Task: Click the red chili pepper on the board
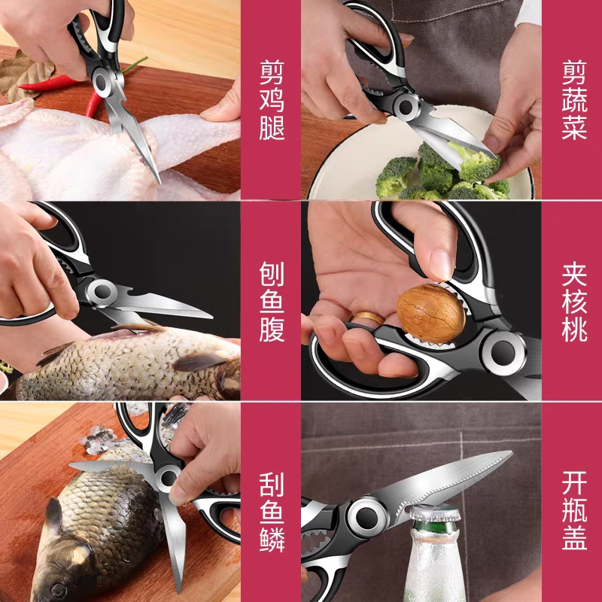(53, 83)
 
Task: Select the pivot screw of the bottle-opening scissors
(369, 515)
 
